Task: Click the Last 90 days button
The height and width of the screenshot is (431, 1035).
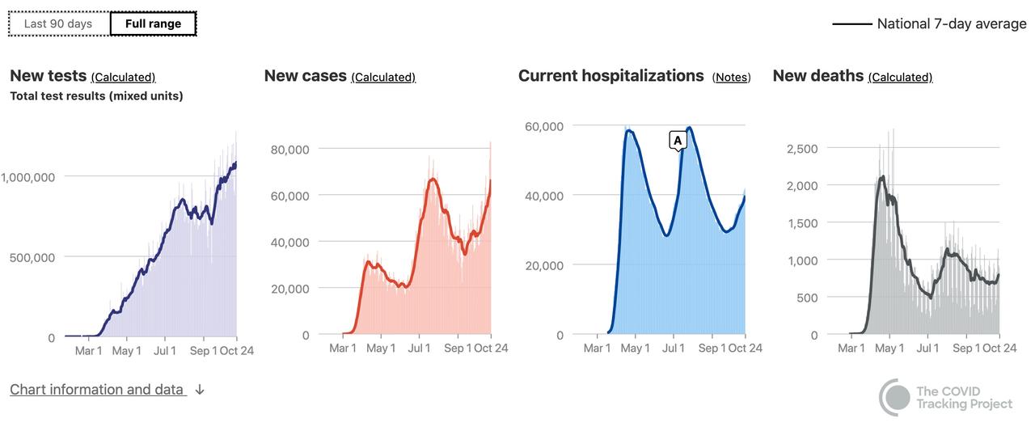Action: point(58,23)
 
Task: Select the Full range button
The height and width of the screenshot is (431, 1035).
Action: point(153,23)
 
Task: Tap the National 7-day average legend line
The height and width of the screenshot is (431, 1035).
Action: point(851,24)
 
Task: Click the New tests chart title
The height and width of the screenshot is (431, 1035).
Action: point(48,76)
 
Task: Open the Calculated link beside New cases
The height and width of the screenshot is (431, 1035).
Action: point(383,78)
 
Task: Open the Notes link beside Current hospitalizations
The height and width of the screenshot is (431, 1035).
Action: point(731,78)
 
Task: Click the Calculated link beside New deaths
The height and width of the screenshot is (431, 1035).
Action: point(900,78)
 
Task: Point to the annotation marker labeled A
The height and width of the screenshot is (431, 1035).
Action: point(678,141)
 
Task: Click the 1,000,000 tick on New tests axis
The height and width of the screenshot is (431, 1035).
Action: point(27,177)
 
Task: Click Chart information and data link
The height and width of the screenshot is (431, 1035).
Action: point(97,390)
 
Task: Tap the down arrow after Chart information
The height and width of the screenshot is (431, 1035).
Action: point(200,390)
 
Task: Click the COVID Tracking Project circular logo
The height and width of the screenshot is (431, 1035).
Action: point(895,397)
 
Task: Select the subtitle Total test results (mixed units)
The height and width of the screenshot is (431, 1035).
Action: point(96,96)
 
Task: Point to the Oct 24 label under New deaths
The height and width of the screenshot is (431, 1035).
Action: point(999,349)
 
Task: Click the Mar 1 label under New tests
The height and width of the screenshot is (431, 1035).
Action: point(89,351)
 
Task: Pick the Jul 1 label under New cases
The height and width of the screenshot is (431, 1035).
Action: point(419,349)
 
